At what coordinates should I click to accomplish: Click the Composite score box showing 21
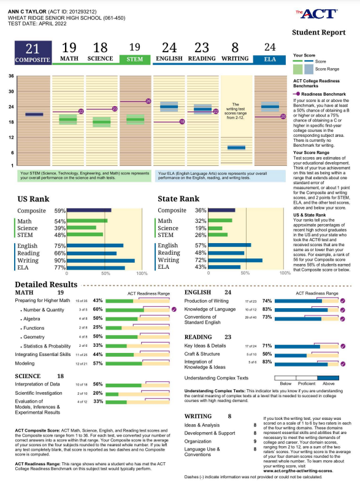pos(33,53)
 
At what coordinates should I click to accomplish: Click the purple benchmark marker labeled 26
pos(148,101)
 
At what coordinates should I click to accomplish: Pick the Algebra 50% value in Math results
pos(98,319)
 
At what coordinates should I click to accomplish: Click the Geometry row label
pos(39,337)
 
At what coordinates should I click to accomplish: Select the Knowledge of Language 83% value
pos(266,310)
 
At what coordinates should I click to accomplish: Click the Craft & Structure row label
pos(202,354)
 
